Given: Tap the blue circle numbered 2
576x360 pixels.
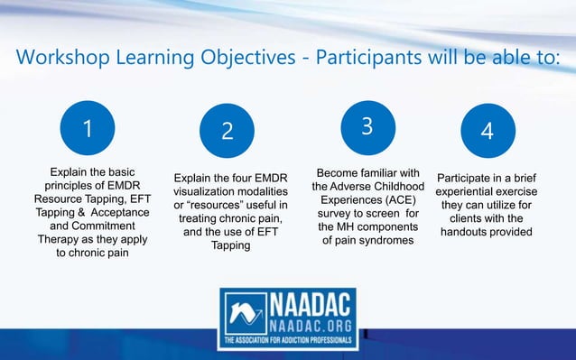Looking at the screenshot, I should tap(227, 131).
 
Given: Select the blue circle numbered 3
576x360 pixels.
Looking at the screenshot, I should tap(367, 126).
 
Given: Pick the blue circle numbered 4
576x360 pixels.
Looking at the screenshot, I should tap(487, 131).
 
